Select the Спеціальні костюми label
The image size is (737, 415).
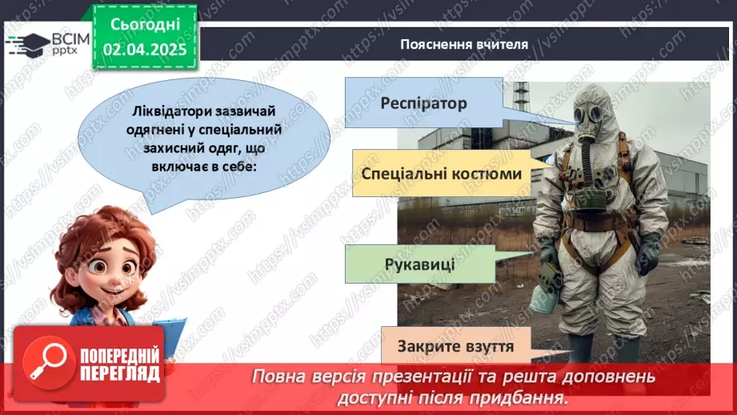pyautogui.click(x=441, y=174)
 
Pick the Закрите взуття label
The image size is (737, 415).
pyautogui.click(x=455, y=348)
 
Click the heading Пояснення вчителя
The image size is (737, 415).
pyautogui.click(x=464, y=44)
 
